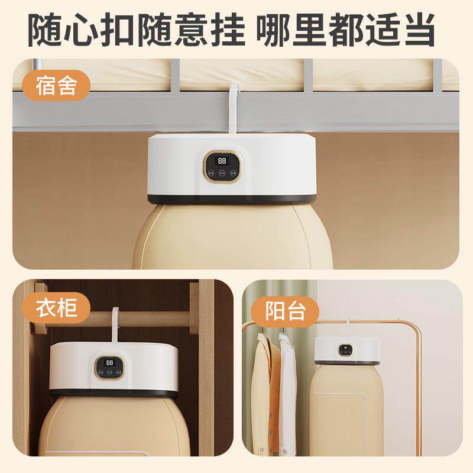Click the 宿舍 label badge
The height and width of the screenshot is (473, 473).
[56, 87]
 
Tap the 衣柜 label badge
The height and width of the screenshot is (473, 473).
[56, 307]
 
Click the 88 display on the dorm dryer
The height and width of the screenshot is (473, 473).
[223, 160]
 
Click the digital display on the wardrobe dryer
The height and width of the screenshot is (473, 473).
[109, 361]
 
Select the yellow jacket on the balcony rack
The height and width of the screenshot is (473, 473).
[264, 390]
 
